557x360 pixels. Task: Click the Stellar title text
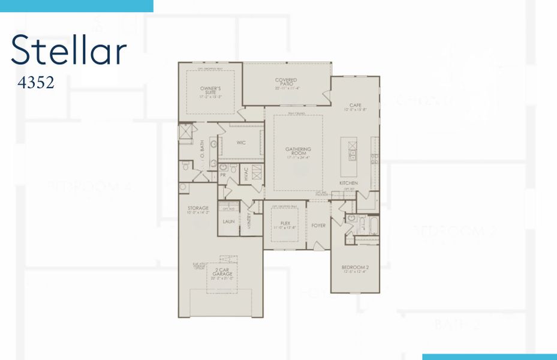(68, 50)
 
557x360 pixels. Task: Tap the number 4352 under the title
(36, 82)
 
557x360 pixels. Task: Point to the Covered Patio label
(286, 83)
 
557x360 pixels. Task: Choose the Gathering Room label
(298, 153)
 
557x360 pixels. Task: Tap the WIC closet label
(241, 143)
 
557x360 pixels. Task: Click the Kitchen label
(349, 182)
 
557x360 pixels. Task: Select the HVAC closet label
(246, 174)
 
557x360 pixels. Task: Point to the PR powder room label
(222, 175)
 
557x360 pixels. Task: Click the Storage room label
(198, 210)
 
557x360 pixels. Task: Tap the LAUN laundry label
(228, 221)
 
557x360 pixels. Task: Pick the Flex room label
(285, 224)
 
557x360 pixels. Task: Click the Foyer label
(318, 226)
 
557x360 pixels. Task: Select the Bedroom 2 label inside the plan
(355, 268)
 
